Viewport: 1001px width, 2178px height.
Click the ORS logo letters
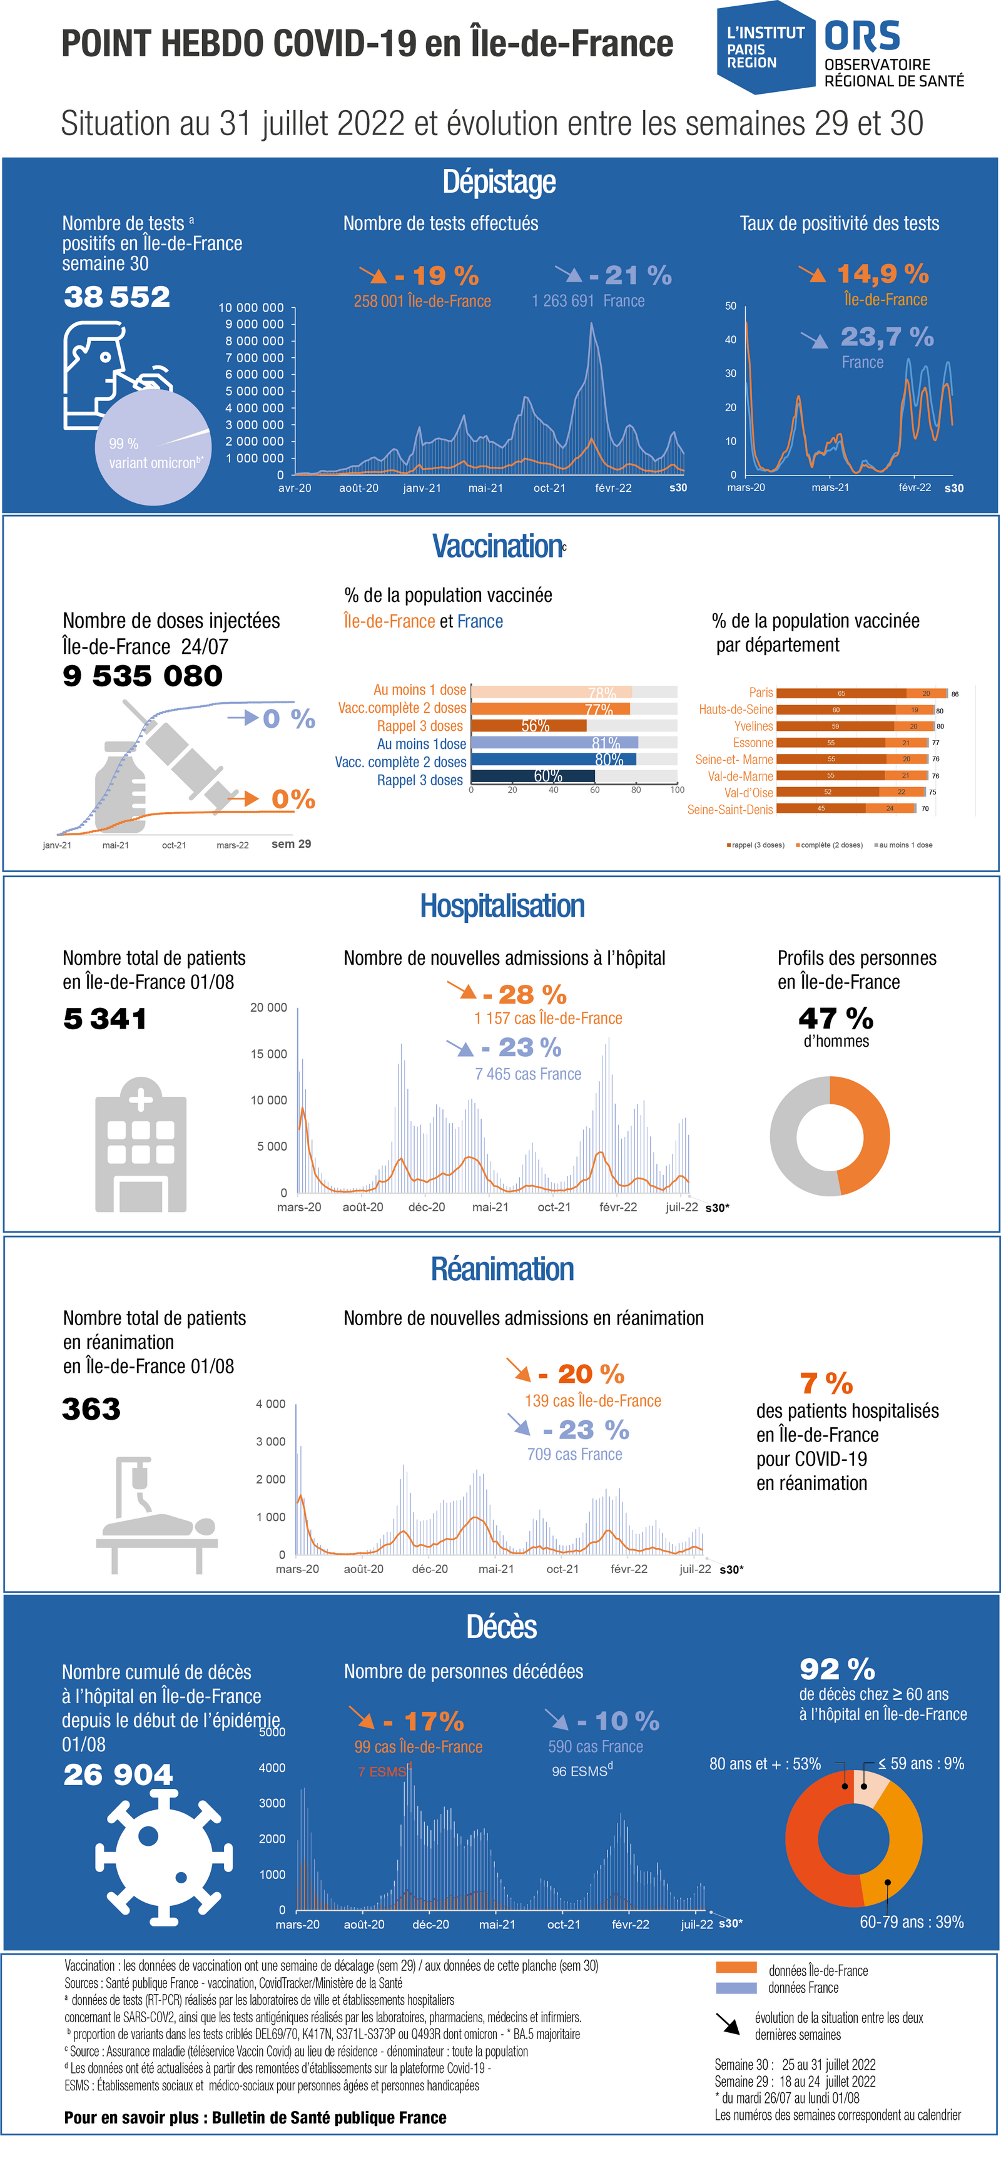point(861,36)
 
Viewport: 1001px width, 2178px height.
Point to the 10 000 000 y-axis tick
point(251,308)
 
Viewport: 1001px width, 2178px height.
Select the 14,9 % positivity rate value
point(882,274)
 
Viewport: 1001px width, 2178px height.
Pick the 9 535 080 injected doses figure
point(142,676)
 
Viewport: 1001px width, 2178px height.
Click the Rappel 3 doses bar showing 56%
point(529,725)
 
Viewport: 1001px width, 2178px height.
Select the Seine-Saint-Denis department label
point(729,809)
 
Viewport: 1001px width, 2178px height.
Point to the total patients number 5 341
point(105,1019)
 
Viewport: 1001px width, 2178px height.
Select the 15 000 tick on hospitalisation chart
point(268,1054)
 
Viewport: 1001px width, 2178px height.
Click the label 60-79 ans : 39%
point(912,1922)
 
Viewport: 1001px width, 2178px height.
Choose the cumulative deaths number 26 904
point(118,1774)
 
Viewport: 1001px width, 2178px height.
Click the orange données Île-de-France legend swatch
point(736,1968)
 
